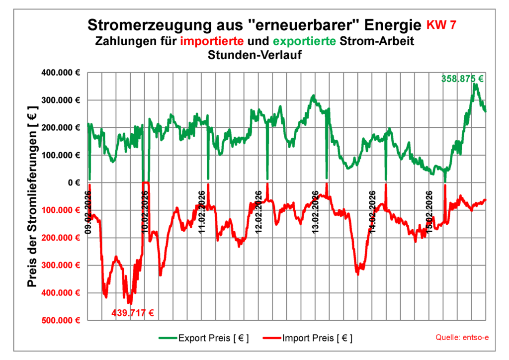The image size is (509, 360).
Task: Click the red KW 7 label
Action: coord(441,25)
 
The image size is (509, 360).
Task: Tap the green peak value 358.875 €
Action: coord(462,79)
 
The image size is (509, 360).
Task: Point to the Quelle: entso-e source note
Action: coord(462,338)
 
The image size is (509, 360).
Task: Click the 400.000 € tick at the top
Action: coord(62,73)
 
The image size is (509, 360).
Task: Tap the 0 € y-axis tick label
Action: coord(73,183)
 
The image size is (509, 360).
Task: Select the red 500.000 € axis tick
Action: coord(62,320)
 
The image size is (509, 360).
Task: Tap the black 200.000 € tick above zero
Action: coord(62,128)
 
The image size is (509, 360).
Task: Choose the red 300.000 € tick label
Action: coord(62,265)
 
